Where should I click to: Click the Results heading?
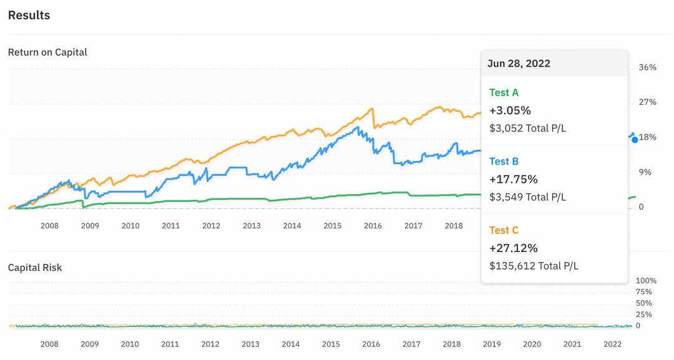[x=29, y=15]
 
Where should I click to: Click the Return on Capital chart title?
[x=47, y=52]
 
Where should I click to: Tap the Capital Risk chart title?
[x=35, y=268]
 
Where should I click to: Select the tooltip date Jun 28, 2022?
[x=519, y=64]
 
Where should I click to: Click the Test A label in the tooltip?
[x=504, y=93]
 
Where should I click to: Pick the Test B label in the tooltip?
[x=504, y=162]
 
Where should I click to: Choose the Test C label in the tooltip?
[x=504, y=230]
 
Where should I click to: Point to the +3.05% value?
[x=510, y=111]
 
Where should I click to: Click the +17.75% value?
[x=514, y=180]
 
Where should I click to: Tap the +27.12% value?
[x=514, y=248]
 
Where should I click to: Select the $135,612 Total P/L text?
[x=534, y=266]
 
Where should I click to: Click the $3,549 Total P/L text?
[x=527, y=197]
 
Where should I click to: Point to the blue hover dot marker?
[x=635, y=140]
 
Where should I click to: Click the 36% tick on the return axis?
[x=648, y=67]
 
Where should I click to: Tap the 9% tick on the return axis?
[x=645, y=172]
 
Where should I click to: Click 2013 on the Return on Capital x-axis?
[x=252, y=225]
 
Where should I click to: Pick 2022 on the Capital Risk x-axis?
[x=612, y=344]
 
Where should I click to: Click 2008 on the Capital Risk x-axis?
[x=49, y=344]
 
